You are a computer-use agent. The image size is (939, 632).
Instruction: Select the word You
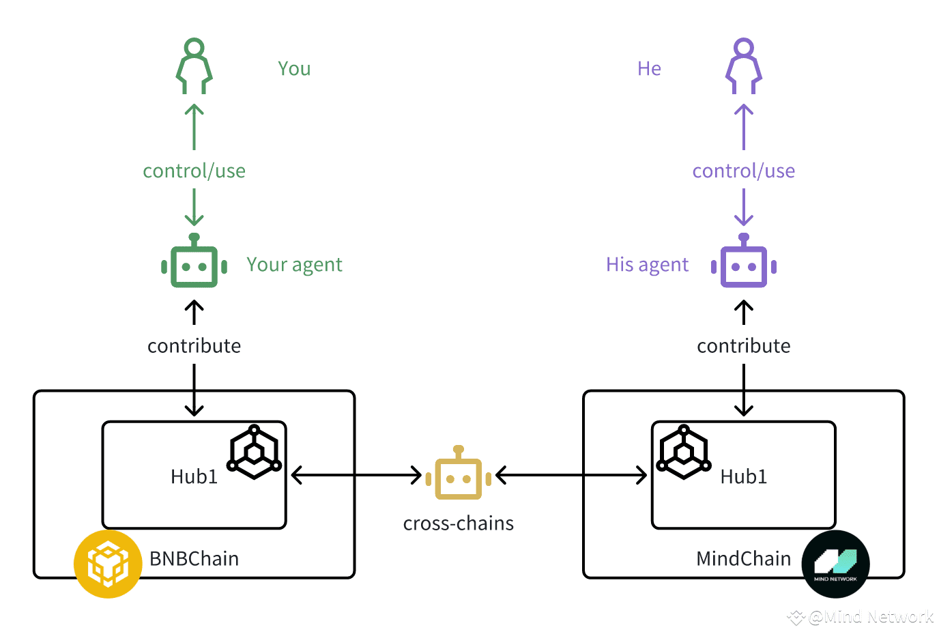click(x=294, y=68)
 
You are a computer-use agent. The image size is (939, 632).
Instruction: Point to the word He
click(x=649, y=68)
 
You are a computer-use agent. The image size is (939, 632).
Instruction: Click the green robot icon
click(x=194, y=261)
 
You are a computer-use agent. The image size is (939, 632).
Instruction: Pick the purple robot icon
click(x=744, y=261)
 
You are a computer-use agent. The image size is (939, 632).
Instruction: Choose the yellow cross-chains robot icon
click(x=458, y=473)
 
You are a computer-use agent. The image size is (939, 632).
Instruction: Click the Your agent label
click(x=294, y=265)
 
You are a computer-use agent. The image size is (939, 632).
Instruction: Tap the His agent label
click(x=647, y=265)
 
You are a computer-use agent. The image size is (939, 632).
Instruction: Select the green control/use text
click(x=194, y=171)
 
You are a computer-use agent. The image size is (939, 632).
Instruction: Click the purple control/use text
click(x=744, y=171)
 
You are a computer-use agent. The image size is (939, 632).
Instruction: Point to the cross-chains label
click(x=458, y=523)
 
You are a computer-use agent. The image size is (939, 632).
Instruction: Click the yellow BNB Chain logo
click(x=108, y=564)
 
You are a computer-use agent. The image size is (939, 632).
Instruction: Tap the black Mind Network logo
click(x=835, y=564)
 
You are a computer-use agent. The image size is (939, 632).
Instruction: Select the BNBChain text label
click(x=194, y=558)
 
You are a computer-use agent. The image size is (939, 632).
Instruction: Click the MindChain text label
click(x=743, y=558)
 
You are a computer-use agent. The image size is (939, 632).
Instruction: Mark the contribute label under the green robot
click(x=194, y=346)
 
